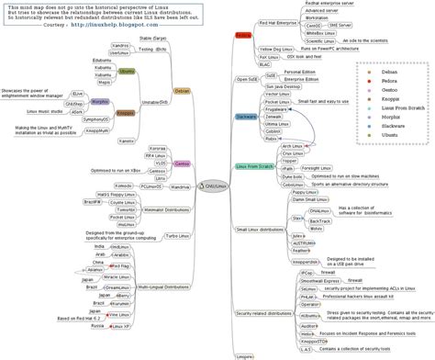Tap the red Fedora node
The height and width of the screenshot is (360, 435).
(243, 35)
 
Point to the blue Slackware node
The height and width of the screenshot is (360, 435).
(245, 118)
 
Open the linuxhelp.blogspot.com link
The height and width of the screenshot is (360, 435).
(90, 26)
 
